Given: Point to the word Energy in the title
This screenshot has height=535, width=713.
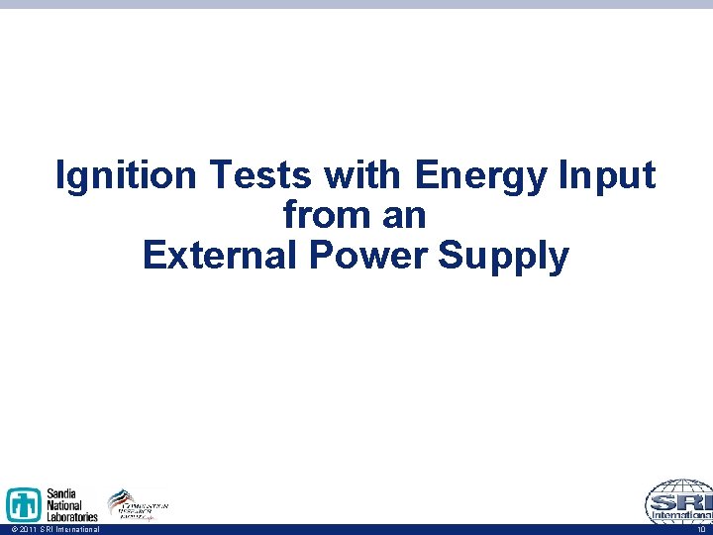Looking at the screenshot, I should coord(482,176).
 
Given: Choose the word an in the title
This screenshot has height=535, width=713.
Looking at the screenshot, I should coord(405,215).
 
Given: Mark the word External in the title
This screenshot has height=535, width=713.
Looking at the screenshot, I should coord(221,255).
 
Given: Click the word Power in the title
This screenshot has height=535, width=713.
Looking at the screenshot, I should coord(367,255).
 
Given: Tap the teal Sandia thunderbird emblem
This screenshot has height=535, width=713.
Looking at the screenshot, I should coord(24,505).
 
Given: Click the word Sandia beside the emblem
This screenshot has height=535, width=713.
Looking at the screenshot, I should coord(64,493).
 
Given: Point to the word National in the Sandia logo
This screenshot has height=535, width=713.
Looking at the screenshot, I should coord(67,504).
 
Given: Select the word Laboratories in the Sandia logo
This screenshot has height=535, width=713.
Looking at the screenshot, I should coord(72,516).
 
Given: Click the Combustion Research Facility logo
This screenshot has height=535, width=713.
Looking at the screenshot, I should coord(139,504).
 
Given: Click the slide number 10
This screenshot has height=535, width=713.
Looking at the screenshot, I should coord(702,530).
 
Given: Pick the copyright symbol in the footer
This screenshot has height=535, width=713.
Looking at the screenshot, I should coord(7,530).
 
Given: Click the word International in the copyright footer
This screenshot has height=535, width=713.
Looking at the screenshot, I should coord(77,530).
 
